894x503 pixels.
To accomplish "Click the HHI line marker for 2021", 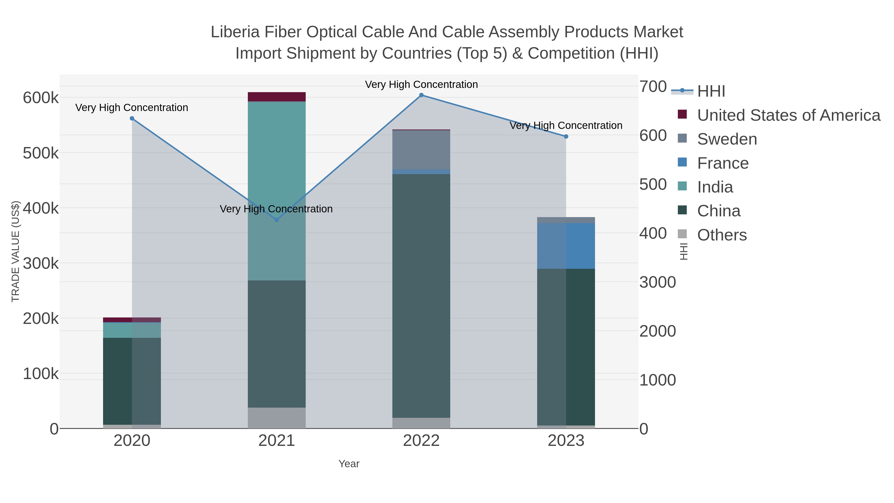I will tap(277, 220).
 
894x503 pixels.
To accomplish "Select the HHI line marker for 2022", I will tap(421, 95).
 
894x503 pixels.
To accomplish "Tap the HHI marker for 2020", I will tap(132, 118).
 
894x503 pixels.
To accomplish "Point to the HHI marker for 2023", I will tap(566, 136).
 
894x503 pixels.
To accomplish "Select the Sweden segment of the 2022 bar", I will tap(421, 150).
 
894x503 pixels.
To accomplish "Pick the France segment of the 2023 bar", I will tap(566, 246).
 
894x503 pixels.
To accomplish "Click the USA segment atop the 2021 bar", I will tap(277, 97).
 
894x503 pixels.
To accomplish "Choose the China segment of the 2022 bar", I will tap(421, 295).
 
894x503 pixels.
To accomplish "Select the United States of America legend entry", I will tap(788, 115).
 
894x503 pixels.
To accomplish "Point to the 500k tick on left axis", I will tap(41, 153).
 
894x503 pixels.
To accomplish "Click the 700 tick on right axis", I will tap(653, 86).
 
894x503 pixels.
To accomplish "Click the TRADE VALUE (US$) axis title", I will tap(16, 251).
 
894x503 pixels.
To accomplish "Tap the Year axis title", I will tap(349, 464).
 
